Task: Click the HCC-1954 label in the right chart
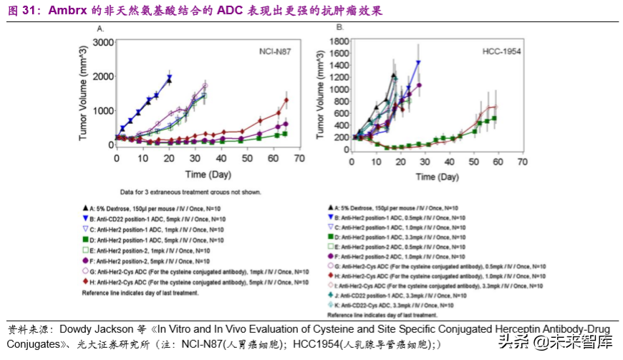pyautogui.click(x=501, y=52)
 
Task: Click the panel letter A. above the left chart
pyautogui.click(x=101, y=29)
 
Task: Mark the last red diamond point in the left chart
pyautogui.click(x=286, y=100)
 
